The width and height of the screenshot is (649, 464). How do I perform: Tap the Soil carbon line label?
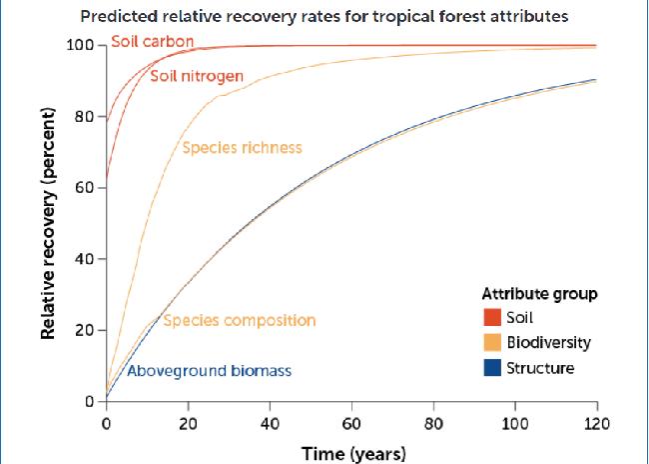pyautogui.click(x=152, y=42)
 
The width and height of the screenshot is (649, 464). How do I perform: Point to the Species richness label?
pyautogui.click(x=242, y=148)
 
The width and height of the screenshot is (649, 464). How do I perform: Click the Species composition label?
pyautogui.click(x=239, y=321)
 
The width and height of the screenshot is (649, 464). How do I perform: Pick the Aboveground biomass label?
pyautogui.click(x=209, y=371)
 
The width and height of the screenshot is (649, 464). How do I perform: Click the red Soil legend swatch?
pyautogui.click(x=491, y=318)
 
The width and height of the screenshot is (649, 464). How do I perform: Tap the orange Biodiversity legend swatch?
pyautogui.click(x=491, y=343)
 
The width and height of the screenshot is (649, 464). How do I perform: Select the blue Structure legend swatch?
pyautogui.click(x=491, y=368)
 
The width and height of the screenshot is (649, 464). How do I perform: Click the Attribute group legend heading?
pyautogui.click(x=539, y=294)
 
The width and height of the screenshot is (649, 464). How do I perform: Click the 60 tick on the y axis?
pyautogui.click(x=84, y=188)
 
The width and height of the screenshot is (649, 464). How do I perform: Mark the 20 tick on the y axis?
pyautogui.click(x=84, y=331)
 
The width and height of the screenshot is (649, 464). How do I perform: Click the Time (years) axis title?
pyautogui.click(x=353, y=453)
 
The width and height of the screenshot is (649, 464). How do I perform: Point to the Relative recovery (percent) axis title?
pyautogui.click(x=48, y=224)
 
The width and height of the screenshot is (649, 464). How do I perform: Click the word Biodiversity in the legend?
pyautogui.click(x=548, y=343)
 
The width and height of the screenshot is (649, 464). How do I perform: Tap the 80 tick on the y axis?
pyautogui.click(x=84, y=117)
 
